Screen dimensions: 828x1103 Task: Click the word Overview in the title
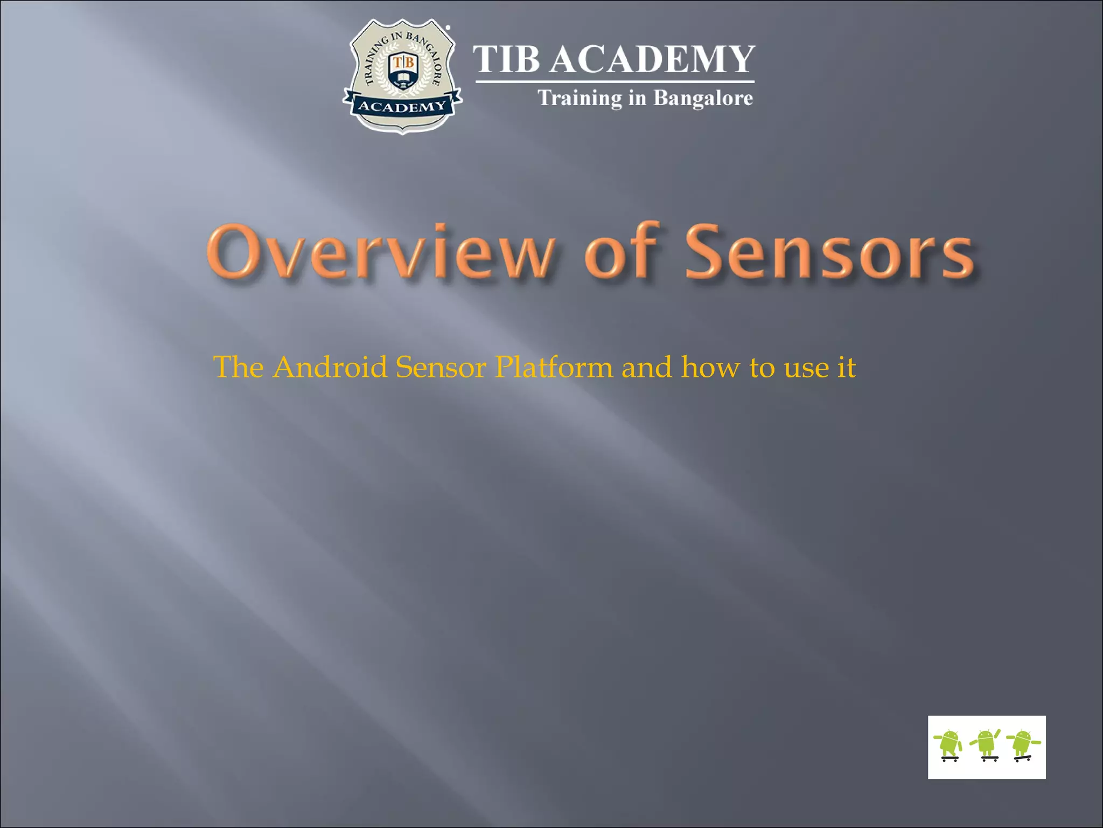pyautogui.click(x=380, y=252)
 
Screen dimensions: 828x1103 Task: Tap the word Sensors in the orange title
pyautogui.click(x=829, y=252)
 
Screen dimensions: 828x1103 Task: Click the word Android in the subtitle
pyautogui.click(x=330, y=368)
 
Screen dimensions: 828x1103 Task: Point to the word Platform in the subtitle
pyautogui.click(x=554, y=368)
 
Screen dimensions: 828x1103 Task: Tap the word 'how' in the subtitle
pyautogui.click(x=710, y=368)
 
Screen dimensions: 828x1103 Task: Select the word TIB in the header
pyautogui.click(x=506, y=59)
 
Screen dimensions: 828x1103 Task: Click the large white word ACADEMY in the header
pyautogui.click(x=652, y=59)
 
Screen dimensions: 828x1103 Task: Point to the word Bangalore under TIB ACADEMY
pyautogui.click(x=703, y=98)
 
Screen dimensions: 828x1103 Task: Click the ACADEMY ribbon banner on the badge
pyautogui.click(x=402, y=106)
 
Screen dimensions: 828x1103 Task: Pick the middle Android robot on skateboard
pyautogui.click(x=987, y=744)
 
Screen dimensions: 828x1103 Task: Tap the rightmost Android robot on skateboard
pyautogui.click(x=1023, y=746)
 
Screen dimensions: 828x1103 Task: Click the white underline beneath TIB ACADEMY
pyautogui.click(x=615, y=82)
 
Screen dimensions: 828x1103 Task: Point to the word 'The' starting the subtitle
pyautogui.click(x=239, y=368)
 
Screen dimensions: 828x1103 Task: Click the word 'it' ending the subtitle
pyautogui.click(x=847, y=368)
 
